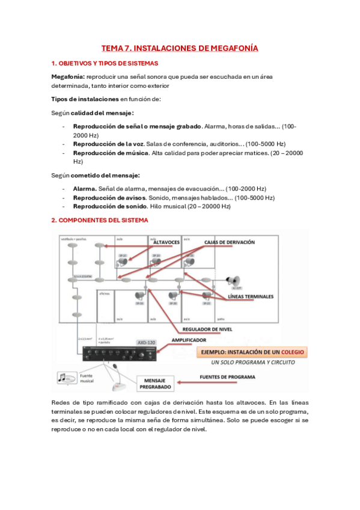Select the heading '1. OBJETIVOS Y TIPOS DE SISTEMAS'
pyautogui.click(x=105, y=63)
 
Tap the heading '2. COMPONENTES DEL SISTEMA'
pyautogui.click(x=99, y=220)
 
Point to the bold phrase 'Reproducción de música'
pyautogui.click(x=111, y=153)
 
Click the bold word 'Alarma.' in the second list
pyautogui.click(x=85, y=188)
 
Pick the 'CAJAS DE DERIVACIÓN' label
pyautogui.click(x=230, y=242)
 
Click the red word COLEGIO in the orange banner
pyautogui.click(x=291, y=351)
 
